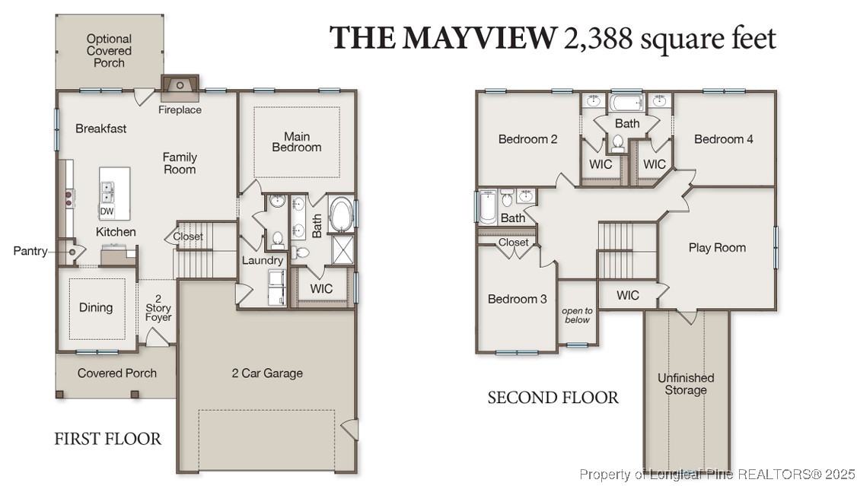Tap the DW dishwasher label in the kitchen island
tap(107, 211)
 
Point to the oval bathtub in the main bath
tap(339, 214)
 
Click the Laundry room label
tap(263, 260)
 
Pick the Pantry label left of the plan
tap(30, 251)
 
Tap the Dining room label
tap(96, 307)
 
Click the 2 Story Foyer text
tap(158, 307)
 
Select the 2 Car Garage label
tap(267, 373)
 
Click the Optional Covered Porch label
tap(109, 50)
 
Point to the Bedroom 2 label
tap(528, 139)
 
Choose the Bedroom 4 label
tap(724, 139)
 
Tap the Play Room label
tap(717, 247)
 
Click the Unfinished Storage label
tap(686, 383)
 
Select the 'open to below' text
tap(577, 316)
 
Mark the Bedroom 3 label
tap(517, 299)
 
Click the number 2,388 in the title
tap(597, 38)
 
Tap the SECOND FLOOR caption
tap(553, 397)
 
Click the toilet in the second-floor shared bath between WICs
tap(619, 142)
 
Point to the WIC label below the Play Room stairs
tap(628, 295)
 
